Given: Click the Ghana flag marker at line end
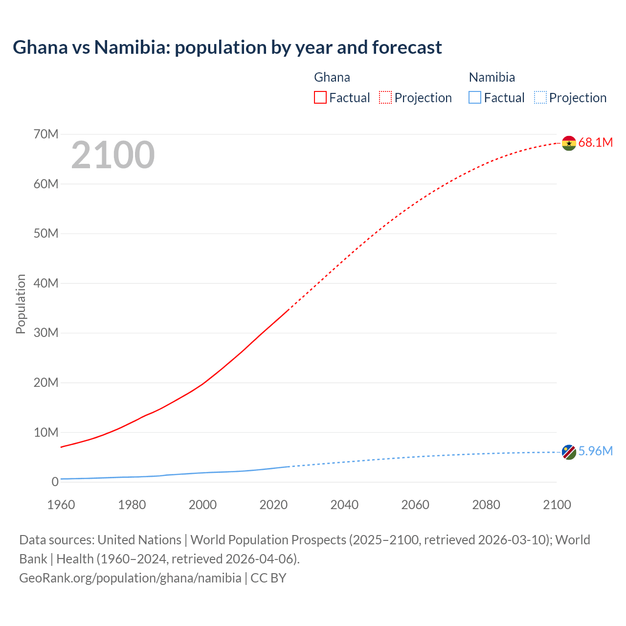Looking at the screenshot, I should pos(569,143).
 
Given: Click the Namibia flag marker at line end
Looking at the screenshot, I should pos(569,452).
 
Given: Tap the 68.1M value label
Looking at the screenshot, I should pos(595,143).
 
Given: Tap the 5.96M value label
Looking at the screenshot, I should pos(595,451).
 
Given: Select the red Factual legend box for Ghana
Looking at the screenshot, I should pos(320,98).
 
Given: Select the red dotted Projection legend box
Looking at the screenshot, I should pos(385,98).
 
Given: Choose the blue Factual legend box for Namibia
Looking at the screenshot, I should pos(474,98).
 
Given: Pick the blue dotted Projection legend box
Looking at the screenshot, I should pos(540,98).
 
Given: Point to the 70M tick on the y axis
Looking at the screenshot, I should pos(46,134).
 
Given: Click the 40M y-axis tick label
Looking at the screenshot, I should pos(46,283).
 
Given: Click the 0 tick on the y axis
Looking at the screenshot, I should pos(55,482).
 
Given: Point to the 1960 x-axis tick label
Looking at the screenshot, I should pos(61,505).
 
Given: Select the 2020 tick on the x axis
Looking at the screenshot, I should pos(273,505).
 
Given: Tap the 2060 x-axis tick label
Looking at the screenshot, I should pos(415,505).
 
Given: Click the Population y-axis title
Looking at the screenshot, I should pos(21,304).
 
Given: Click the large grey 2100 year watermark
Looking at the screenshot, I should pos(113,155).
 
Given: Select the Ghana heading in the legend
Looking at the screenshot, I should pos(332,77).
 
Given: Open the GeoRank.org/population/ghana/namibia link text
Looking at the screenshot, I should pos(130,578).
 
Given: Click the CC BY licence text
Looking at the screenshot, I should pos(268,578).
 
